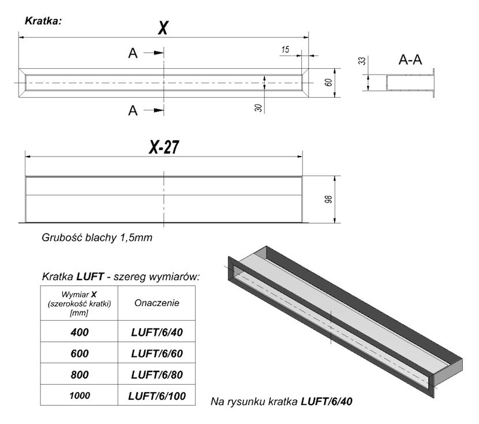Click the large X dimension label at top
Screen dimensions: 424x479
pos(163,27)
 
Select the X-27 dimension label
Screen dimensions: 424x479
pos(163,148)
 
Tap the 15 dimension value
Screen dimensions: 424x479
pos(285,50)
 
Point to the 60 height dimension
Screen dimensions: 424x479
pos(327,81)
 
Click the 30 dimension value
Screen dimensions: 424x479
pos(257,106)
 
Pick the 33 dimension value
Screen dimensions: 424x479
pos(362,61)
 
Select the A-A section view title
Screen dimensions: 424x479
pos(411,59)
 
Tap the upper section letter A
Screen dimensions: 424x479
pos(133,53)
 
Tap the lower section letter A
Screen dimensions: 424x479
pos(133,110)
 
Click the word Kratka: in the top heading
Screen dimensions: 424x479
pos(43,21)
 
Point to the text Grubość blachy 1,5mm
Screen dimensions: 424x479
pos(97,237)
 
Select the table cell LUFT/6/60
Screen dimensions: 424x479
pos(157,353)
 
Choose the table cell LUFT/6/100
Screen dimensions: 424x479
pos(157,396)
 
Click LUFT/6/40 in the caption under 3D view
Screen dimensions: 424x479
pos(327,400)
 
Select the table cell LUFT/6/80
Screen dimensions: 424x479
pos(157,374)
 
